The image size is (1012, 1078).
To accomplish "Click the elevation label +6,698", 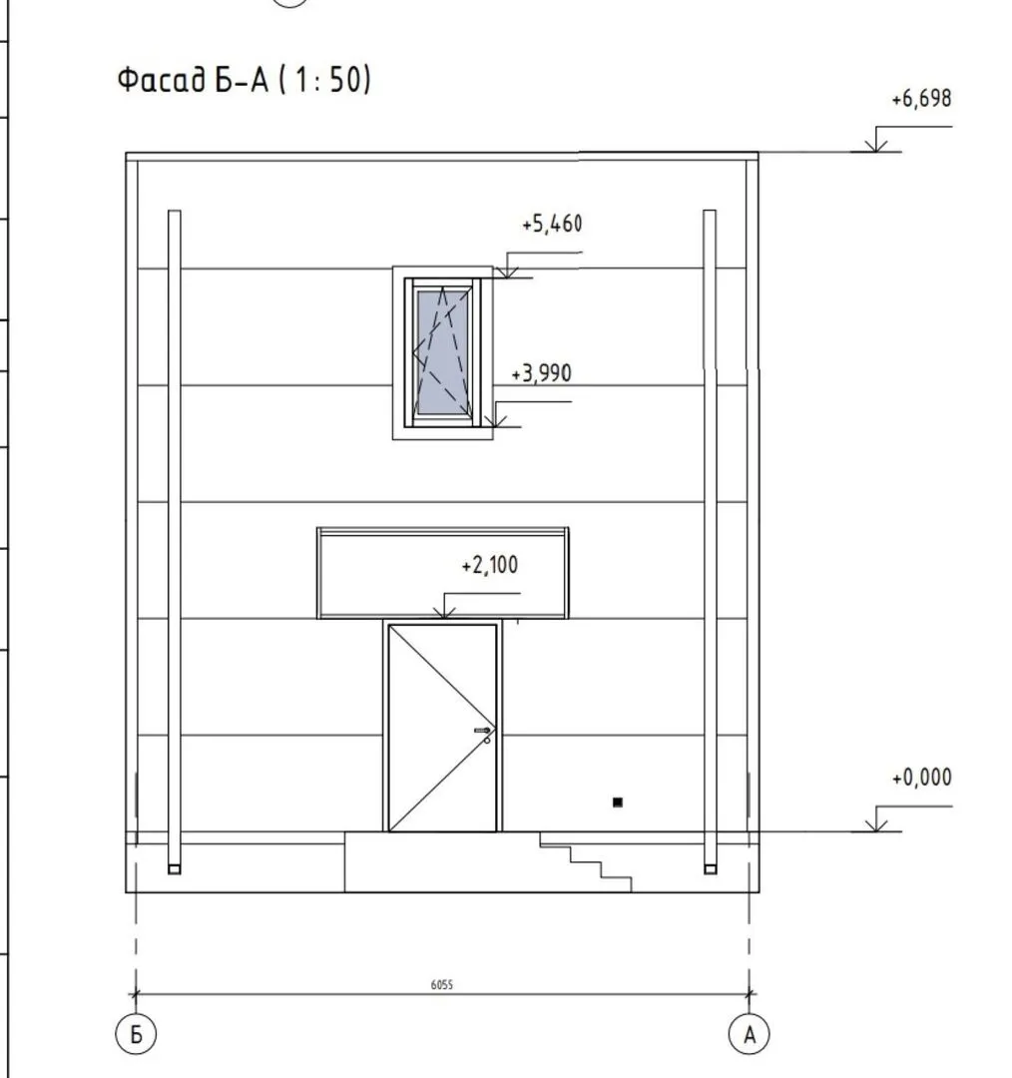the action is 921,99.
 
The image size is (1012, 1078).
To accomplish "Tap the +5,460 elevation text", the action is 552,225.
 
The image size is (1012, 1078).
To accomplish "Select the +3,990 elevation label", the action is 542,373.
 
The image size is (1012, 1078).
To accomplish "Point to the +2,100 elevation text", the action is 490,565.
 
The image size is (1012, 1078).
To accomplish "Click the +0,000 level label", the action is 921,778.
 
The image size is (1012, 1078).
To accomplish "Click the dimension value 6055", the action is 442,984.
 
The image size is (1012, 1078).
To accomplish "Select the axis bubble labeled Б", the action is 136,1033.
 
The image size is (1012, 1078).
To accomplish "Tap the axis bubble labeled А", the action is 749,1033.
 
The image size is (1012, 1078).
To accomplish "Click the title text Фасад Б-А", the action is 194,79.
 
